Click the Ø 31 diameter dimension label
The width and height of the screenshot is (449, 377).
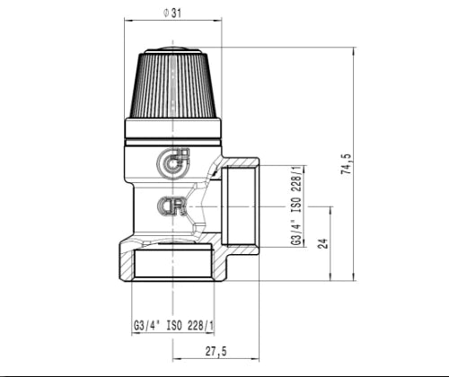point(172,13)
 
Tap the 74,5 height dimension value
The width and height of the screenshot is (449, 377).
point(345,164)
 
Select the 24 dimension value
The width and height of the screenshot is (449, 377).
point(323,243)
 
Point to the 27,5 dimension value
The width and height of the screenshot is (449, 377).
point(216,351)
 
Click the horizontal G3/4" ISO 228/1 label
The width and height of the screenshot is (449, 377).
point(173,325)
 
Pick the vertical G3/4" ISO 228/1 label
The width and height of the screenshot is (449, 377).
point(296,206)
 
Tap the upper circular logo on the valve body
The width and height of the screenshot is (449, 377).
point(173,163)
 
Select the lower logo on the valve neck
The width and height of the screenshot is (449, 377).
point(172,206)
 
